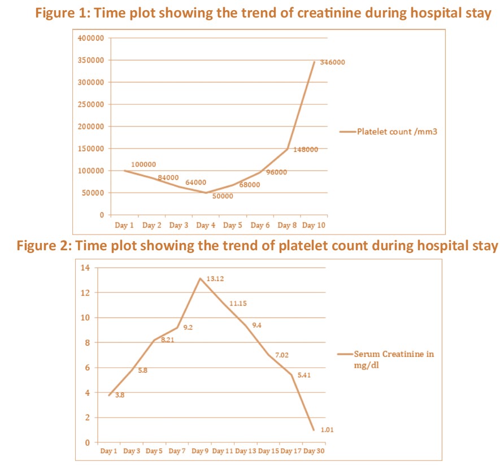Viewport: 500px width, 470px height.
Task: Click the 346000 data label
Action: coord(332,62)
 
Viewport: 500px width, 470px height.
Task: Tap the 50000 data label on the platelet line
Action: coord(222,196)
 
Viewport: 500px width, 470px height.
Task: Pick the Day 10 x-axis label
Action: coord(313,225)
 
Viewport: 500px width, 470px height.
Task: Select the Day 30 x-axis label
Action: coord(314,451)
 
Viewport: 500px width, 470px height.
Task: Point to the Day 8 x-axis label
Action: coord(288,225)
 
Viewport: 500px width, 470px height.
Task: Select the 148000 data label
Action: coord(306,150)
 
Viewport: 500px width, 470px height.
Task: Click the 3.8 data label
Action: coord(119,395)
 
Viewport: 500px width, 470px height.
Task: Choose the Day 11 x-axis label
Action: coord(223,451)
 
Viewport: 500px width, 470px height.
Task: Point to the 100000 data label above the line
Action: coord(143,164)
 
